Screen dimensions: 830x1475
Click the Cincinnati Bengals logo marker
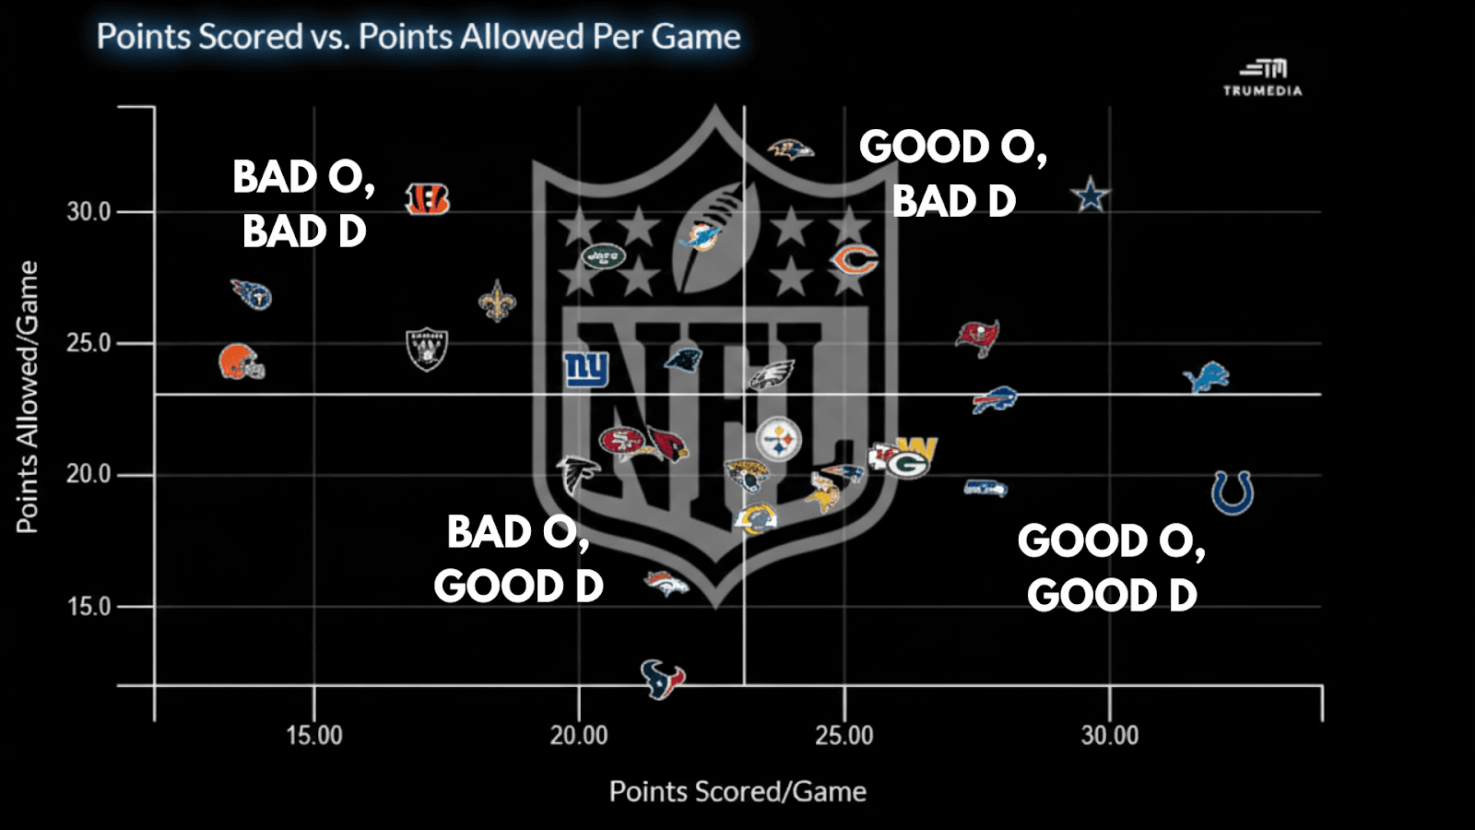tap(428, 198)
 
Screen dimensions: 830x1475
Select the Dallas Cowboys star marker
tap(1091, 195)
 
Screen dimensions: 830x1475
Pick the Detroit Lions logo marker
tap(1207, 376)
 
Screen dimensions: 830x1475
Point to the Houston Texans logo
tap(663, 679)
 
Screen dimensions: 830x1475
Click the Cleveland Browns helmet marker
tap(242, 362)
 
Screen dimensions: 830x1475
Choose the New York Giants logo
tap(586, 369)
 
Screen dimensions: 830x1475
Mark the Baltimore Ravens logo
tap(791, 148)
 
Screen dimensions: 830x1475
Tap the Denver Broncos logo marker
tap(666, 583)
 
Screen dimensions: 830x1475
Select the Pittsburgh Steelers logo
tap(779, 439)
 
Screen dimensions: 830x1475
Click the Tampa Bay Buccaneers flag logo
tap(977, 337)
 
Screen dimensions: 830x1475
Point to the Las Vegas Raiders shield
tap(427, 350)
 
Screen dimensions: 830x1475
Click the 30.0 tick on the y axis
tap(88, 212)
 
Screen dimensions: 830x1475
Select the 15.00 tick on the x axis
tap(313, 735)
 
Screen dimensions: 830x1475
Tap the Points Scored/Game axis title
tap(737, 791)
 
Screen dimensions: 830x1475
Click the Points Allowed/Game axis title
tap(28, 397)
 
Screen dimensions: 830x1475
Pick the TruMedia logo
tap(1263, 77)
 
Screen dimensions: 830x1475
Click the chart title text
tap(419, 37)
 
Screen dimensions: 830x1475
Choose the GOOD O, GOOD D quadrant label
tap(1112, 567)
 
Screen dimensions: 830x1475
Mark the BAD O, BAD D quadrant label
tap(303, 204)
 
